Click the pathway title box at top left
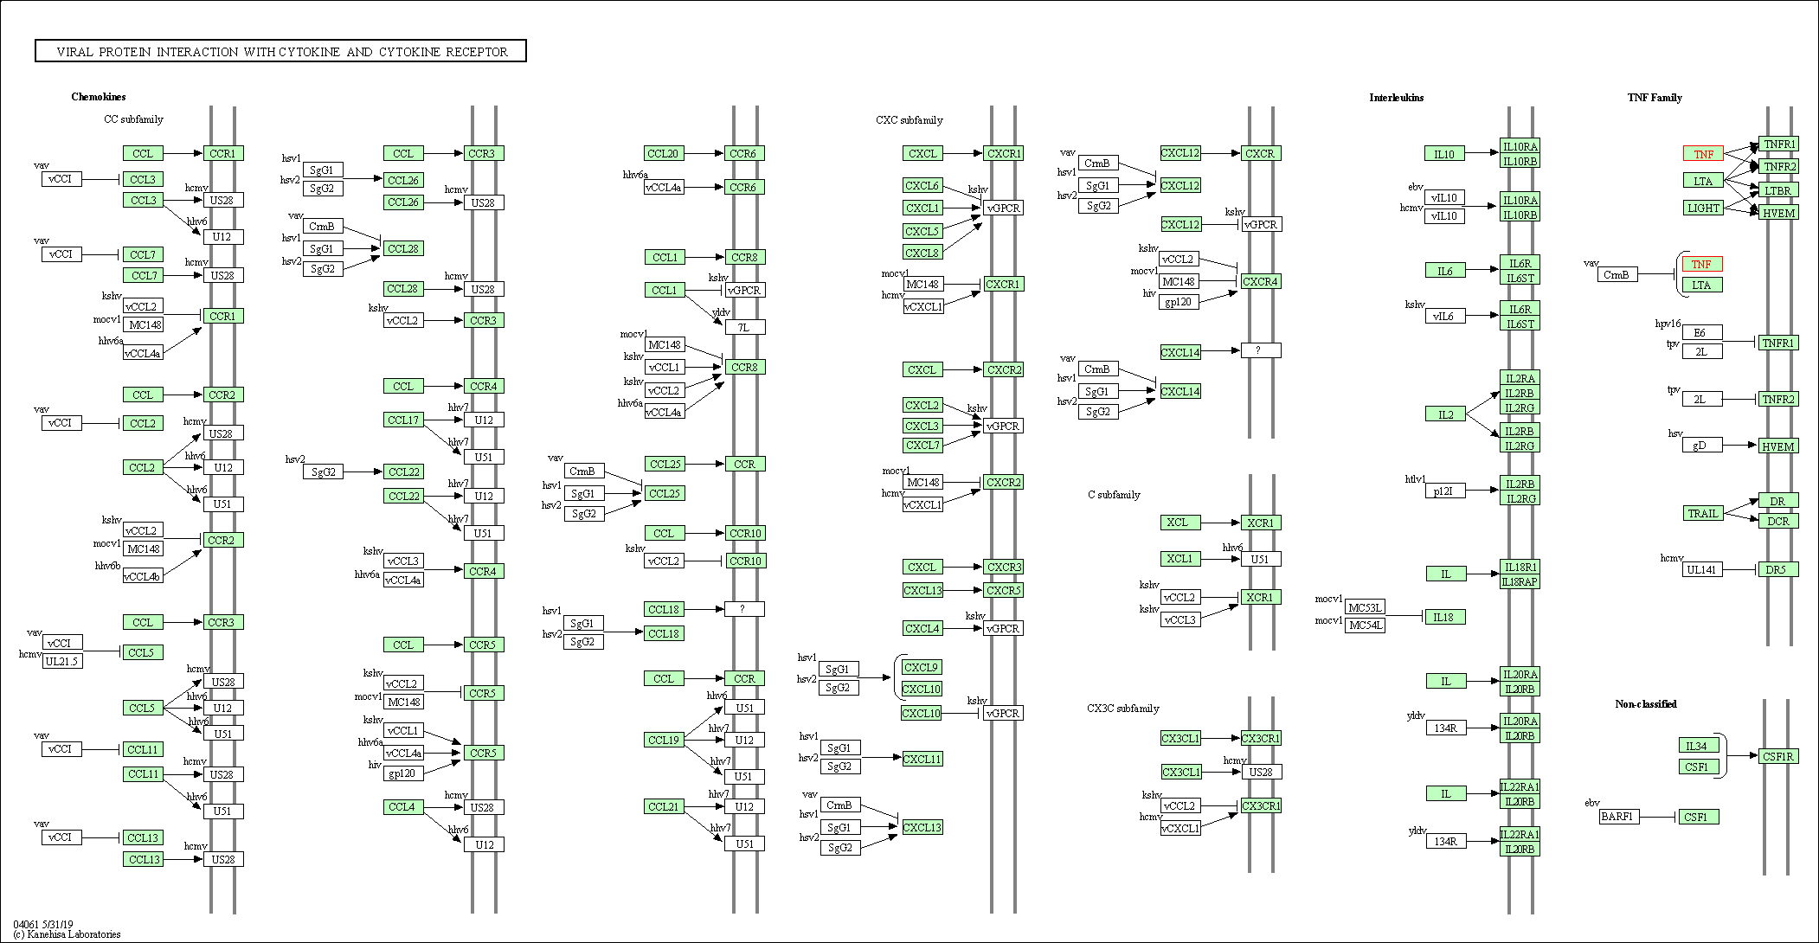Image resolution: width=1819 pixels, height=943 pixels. click(x=280, y=51)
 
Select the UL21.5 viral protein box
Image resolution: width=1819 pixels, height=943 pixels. click(x=62, y=662)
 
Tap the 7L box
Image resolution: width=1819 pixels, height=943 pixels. click(x=744, y=327)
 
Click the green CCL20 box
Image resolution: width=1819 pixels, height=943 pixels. click(x=664, y=153)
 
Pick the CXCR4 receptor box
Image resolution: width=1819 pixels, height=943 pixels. click(x=1260, y=281)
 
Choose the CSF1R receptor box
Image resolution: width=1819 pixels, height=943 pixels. click(x=1778, y=756)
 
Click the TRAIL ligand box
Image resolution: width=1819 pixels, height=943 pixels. click(x=1702, y=513)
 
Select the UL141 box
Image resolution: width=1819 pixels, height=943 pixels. click(x=1702, y=569)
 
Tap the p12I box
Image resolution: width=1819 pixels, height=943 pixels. click(x=1444, y=491)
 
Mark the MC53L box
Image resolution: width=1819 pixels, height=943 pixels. click(x=1366, y=607)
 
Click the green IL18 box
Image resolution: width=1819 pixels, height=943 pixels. click(x=1444, y=617)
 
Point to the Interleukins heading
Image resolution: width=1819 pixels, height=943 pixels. click(x=1396, y=98)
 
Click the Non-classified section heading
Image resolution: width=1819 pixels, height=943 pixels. click(x=1645, y=704)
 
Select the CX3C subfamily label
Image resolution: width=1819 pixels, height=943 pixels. click(x=1122, y=709)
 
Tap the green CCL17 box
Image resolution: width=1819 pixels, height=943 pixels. click(x=403, y=420)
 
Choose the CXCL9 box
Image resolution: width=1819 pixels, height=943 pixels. click(x=921, y=667)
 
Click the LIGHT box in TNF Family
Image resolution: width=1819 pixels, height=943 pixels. click(x=1703, y=208)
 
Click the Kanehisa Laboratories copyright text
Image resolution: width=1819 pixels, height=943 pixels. click(x=67, y=934)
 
